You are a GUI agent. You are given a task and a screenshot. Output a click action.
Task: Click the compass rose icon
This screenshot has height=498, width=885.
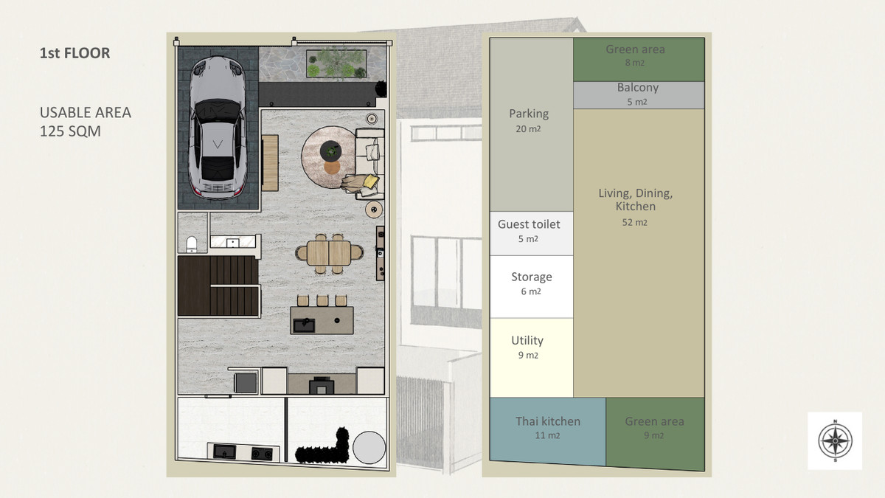(x=835, y=440)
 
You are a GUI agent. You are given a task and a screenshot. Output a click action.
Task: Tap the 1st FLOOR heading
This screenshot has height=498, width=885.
(x=74, y=53)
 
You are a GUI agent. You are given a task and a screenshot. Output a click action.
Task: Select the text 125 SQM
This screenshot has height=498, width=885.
(x=70, y=131)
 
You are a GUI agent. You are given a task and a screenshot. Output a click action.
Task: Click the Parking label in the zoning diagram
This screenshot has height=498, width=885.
(x=529, y=114)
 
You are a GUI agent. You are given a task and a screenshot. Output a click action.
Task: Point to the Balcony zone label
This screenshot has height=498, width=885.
(x=638, y=87)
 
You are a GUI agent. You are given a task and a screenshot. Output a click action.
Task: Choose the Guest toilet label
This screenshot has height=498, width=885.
(x=529, y=224)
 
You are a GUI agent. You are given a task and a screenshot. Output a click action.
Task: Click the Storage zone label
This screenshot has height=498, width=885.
(x=532, y=277)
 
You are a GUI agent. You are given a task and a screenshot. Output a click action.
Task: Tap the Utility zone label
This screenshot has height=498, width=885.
(x=527, y=340)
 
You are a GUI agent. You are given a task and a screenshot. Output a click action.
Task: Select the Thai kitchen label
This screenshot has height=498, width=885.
(x=547, y=421)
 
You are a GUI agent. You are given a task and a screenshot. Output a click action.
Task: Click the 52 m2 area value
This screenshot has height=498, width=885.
(x=634, y=222)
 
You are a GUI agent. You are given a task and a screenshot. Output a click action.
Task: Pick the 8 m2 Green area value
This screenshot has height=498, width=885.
(x=634, y=63)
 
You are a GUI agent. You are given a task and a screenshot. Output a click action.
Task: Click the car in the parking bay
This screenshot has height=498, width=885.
(x=218, y=127)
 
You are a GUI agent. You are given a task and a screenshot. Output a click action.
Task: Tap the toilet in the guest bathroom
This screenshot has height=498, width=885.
(x=192, y=244)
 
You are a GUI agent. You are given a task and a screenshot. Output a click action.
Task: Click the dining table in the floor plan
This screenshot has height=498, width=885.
(x=329, y=253)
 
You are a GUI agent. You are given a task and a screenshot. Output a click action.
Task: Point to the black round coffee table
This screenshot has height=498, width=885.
(x=330, y=151)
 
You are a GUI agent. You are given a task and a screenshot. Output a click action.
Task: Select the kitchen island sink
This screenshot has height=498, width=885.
(x=304, y=325)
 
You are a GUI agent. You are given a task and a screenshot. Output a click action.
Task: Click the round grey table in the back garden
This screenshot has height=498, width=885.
(x=369, y=447)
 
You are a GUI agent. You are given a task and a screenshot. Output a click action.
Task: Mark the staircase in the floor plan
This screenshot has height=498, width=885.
(x=218, y=286)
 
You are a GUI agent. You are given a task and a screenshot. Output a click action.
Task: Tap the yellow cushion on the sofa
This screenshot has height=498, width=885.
(x=370, y=181)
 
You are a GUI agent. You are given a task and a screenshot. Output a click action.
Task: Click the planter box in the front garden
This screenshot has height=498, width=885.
(x=337, y=63)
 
